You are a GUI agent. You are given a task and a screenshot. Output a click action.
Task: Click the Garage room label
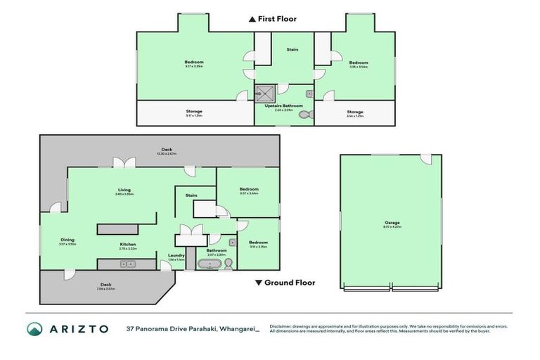[392, 223]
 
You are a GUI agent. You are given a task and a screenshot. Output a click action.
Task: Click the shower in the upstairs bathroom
[265, 92]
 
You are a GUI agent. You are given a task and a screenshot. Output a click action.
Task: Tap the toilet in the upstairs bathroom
[304, 114]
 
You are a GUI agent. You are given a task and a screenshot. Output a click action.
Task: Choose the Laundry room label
[176, 255]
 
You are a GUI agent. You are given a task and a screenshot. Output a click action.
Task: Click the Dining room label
[67, 240]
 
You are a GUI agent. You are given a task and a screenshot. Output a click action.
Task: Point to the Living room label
[124, 190]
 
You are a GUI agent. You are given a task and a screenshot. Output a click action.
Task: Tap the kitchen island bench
[117, 229]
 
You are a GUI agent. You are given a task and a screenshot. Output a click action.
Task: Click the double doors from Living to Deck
[127, 162]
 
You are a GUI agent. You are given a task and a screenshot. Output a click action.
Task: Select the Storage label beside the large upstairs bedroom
[194, 111]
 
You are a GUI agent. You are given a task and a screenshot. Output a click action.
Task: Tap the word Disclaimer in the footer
[281, 326]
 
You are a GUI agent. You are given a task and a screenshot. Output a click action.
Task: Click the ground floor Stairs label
[191, 195]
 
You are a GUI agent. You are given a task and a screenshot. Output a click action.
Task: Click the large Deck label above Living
[167, 149]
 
